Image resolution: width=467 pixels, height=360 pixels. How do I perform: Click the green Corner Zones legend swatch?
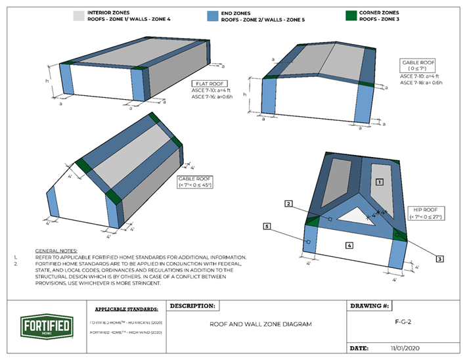[x=353, y=16]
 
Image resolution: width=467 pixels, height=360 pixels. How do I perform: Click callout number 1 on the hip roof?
[x=379, y=181]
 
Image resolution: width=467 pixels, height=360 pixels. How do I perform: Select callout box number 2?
[x=288, y=204]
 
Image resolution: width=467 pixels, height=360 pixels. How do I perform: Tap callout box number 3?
[x=439, y=259]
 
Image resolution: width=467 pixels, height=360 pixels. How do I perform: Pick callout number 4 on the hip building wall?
[x=349, y=245]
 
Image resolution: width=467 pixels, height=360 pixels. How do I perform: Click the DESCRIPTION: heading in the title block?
[x=193, y=306]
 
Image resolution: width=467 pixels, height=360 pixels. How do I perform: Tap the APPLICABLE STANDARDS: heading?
[x=126, y=309]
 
